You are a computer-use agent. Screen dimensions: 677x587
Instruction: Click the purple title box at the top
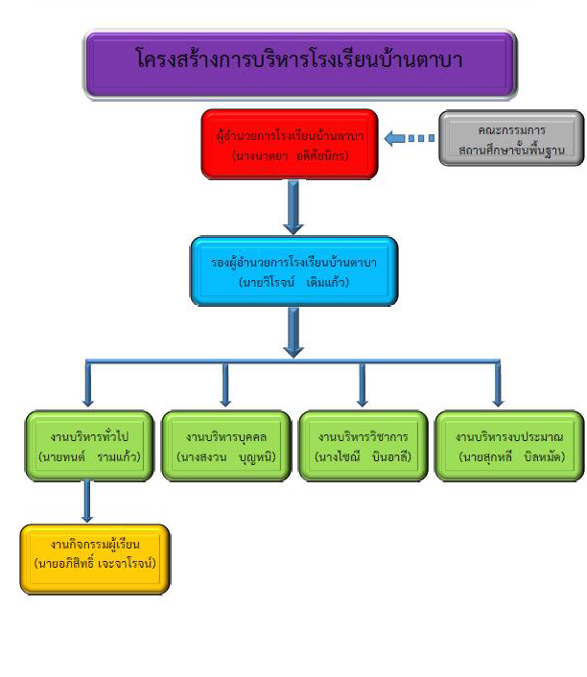pos(300,62)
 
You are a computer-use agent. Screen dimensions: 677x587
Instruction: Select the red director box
pos(289,143)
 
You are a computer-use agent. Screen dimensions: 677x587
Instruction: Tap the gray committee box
pos(511,138)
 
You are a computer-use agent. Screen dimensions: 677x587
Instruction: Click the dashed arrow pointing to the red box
pos(410,139)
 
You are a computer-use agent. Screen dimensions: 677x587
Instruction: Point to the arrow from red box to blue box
pos(293,207)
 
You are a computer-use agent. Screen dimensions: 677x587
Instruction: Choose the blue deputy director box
pos(293,270)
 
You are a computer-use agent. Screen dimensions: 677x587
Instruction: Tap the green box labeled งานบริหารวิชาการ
pos(363,446)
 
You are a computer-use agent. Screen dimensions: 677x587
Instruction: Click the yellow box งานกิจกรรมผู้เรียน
pos(95,557)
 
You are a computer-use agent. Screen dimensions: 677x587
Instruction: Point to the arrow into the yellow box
pos(87,502)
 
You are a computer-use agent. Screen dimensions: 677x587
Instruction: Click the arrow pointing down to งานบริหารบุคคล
pos(225,385)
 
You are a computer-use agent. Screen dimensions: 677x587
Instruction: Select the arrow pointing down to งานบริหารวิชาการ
pos(363,385)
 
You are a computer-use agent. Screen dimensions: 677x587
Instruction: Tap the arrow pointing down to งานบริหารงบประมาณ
pos(498,385)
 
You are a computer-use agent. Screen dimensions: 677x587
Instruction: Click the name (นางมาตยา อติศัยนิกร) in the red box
pos(290,154)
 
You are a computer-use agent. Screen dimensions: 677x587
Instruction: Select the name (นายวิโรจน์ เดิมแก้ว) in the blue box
pos(293,283)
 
